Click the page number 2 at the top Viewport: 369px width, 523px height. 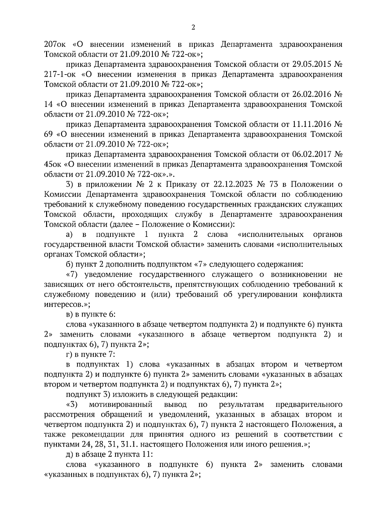tap(193, 27)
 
